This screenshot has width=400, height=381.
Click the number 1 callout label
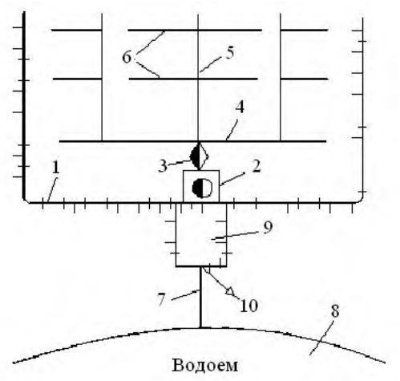click(55, 168)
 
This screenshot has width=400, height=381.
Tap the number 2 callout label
click(256, 167)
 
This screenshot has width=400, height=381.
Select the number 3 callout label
click(163, 166)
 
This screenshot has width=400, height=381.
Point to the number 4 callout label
click(240, 107)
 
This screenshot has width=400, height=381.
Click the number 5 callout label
click(230, 52)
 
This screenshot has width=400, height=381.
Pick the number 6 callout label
click(127, 57)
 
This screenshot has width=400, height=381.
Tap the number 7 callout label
click(161, 299)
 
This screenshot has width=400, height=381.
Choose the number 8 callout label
click(335, 311)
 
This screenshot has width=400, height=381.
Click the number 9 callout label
click(268, 228)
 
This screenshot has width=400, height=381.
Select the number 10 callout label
click(248, 306)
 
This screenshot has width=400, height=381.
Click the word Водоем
click(204, 365)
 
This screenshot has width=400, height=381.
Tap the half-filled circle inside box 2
click(202, 188)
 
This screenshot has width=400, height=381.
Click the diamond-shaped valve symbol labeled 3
click(200, 156)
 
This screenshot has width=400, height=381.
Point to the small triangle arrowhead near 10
click(230, 291)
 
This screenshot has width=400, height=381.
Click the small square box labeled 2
click(201, 186)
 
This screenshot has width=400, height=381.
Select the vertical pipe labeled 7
click(200, 297)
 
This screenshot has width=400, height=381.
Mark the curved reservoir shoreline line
click(200, 328)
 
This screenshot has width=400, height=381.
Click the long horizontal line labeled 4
click(192, 141)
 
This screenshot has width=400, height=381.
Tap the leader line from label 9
click(236, 236)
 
